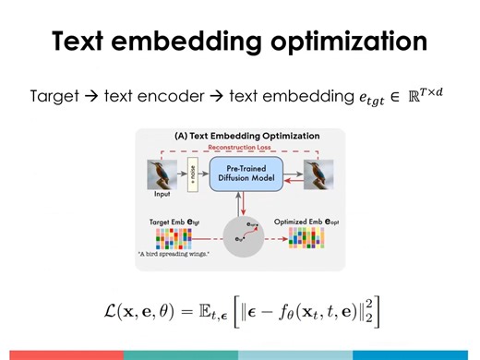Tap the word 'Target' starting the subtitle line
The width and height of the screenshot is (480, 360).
pos(53,95)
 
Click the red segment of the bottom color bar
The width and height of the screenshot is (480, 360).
pos(61,354)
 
